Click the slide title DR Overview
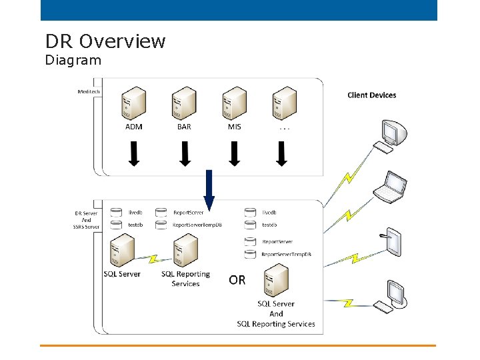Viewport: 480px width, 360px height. [x=105, y=41]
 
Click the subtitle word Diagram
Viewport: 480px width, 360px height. [x=73, y=61]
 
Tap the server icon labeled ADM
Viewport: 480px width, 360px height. [x=133, y=103]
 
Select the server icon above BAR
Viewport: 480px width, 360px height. [x=184, y=103]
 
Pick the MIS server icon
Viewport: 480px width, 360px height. [x=234, y=103]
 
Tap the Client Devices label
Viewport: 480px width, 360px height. [x=371, y=95]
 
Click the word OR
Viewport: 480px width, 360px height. [x=237, y=280]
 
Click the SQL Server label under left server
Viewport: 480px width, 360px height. [x=122, y=274]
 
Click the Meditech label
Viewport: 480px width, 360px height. [x=89, y=91]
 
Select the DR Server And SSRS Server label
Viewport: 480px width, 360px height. [x=86, y=220]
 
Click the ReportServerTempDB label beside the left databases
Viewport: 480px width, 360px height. [x=197, y=225]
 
